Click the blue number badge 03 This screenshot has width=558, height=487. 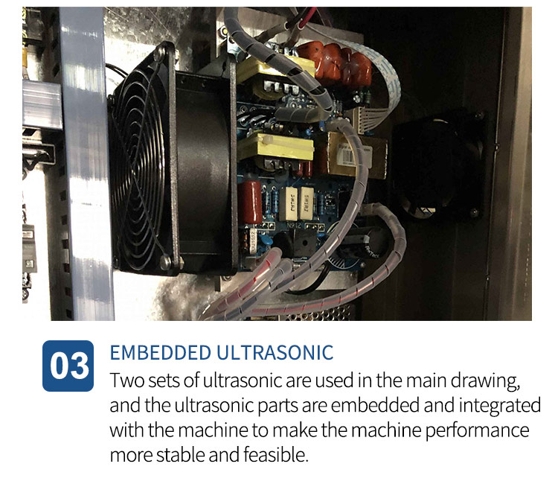(x=68, y=366)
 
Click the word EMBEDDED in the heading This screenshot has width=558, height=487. (x=161, y=353)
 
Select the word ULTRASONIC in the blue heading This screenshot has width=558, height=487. (x=275, y=353)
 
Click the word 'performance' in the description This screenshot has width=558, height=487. (x=477, y=431)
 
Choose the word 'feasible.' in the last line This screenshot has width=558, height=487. (x=276, y=455)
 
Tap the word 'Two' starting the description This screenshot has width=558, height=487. (x=127, y=381)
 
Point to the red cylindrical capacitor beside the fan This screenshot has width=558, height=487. (x=250, y=203)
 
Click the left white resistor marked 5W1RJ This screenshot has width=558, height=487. (x=289, y=203)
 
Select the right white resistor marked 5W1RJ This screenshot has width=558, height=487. (x=306, y=203)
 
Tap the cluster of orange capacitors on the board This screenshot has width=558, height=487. (x=335, y=65)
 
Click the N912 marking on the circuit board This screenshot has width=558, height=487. (x=294, y=225)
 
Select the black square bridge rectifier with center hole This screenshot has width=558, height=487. (x=303, y=243)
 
